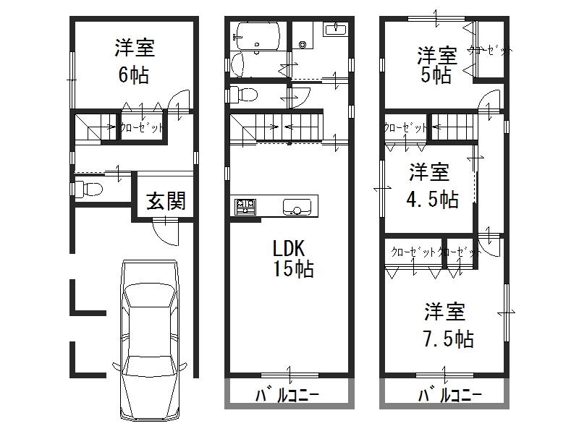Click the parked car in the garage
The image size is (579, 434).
[150, 340]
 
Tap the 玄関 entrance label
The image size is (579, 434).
[166, 200]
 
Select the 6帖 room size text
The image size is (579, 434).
[134, 74]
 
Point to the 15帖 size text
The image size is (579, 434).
[292, 270]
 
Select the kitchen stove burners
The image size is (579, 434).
[245, 207]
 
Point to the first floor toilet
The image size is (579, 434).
[88, 189]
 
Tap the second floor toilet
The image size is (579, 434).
[243, 94]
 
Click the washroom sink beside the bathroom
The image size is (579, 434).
[334, 30]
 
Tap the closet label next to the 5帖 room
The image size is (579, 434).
[491, 51]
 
